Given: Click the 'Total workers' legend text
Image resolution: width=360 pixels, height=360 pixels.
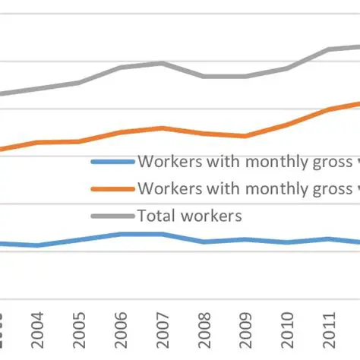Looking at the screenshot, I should pyautogui.click(x=189, y=216).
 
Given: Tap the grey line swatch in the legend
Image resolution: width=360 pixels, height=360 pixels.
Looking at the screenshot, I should pyautogui.click(x=112, y=216).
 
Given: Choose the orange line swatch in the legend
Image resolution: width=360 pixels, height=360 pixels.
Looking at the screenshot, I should pyautogui.click(x=112, y=189).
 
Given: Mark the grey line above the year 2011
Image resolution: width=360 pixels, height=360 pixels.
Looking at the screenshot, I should pyautogui.click(x=327, y=49).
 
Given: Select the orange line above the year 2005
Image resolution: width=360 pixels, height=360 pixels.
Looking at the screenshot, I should pyautogui.click(x=79, y=141).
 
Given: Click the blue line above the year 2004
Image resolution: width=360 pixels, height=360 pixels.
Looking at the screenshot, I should pyautogui.click(x=38, y=245).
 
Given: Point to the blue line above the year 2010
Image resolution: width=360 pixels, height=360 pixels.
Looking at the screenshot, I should pyautogui.click(x=286, y=242).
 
